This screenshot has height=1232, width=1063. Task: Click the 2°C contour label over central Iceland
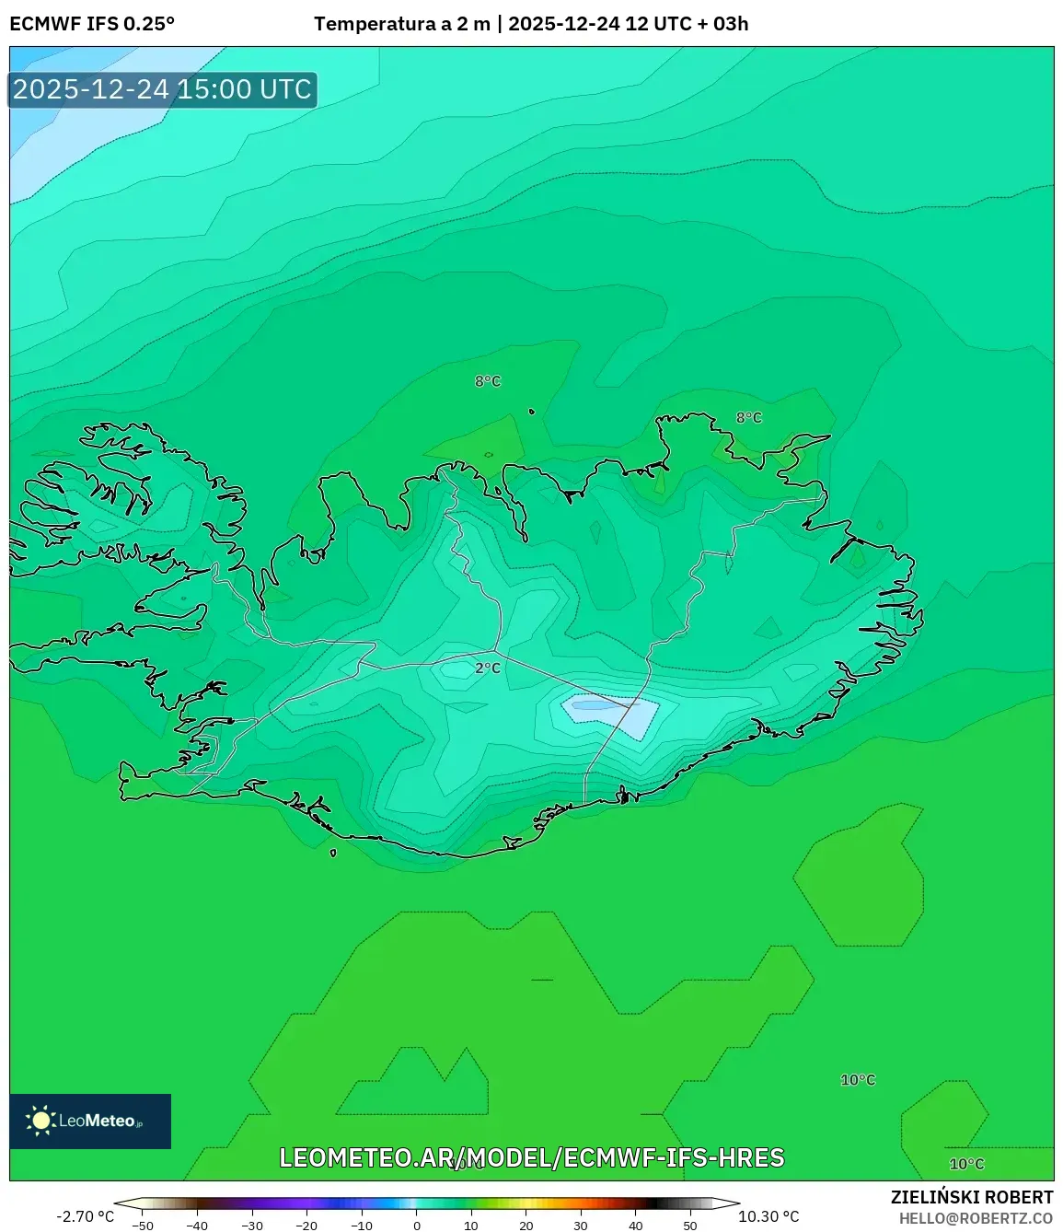click(x=488, y=668)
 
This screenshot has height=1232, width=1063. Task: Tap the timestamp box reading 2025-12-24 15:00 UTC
click(x=163, y=89)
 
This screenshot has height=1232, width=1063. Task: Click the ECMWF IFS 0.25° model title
click(x=92, y=24)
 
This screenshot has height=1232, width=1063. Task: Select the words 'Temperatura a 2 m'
click(x=402, y=24)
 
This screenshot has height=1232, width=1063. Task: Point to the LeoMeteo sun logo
click(x=40, y=1121)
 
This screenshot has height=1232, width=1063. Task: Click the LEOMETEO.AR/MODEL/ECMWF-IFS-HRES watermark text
click(x=532, y=1157)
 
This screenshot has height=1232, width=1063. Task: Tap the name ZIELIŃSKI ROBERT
click(x=972, y=1197)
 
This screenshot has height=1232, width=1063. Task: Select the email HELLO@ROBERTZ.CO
click(x=976, y=1218)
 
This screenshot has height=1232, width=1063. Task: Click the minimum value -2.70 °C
click(x=85, y=1216)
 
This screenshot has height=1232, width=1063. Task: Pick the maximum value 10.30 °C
click(x=768, y=1216)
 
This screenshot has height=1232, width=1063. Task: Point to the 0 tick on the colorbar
click(x=417, y=1226)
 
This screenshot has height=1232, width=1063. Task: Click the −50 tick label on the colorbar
click(x=143, y=1226)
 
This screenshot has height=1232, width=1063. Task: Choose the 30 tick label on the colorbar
click(x=581, y=1226)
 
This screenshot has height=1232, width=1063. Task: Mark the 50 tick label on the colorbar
click(x=690, y=1226)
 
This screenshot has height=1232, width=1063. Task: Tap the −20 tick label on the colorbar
click(x=306, y=1226)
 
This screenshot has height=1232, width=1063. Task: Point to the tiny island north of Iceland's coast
click(x=532, y=412)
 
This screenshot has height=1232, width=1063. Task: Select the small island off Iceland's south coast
click(x=333, y=853)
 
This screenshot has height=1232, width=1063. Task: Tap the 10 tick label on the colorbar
click(x=471, y=1226)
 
